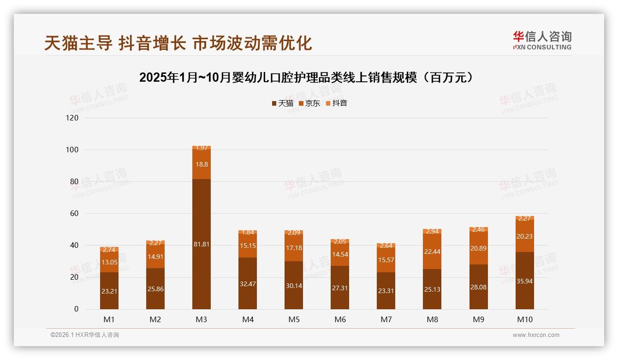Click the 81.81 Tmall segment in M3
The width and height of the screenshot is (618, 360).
pyautogui.click(x=202, y=244)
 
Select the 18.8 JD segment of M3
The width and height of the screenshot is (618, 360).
pyautogui.click(x=202, y=164)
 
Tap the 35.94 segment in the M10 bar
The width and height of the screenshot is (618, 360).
pyautogui.click(x=525, y=281)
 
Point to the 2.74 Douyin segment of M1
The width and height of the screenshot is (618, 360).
pyautogui.click(x=109, y=250)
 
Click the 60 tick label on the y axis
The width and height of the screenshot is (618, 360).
pyautogui.click(x=74, y=214)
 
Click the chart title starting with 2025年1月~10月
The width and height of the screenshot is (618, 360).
pyautogui.click(x=306, y=78)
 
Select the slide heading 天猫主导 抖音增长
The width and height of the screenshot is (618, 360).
pyautogui.click(x=178, y=43)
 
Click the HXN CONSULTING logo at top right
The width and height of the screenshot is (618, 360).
pyautogui.click(x=542, y=40)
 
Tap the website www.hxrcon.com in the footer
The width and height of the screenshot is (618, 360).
pyautogui.click(x=536, y=335)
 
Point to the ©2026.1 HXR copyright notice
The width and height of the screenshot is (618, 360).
pyautogui.click(x=84, y=335)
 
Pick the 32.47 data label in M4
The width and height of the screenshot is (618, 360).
pyautogui.click(x=248, y=284)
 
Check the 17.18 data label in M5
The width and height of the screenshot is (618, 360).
pyautogui.click(x=294, y=248)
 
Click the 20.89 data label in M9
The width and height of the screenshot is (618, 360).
pyautogui.click(x=479, y=248)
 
